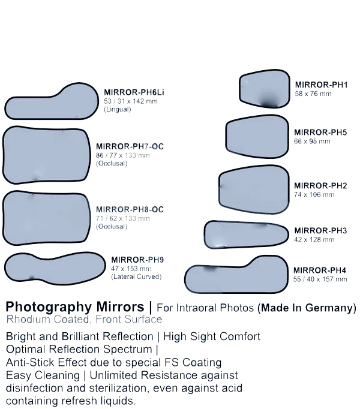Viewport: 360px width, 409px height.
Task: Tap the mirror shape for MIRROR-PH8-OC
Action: point(47,216)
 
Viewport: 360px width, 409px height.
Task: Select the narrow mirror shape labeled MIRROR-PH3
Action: point(246,234)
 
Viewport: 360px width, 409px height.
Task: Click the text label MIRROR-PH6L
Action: point(133,92)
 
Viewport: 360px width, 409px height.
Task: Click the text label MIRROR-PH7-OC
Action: point(130,146)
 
